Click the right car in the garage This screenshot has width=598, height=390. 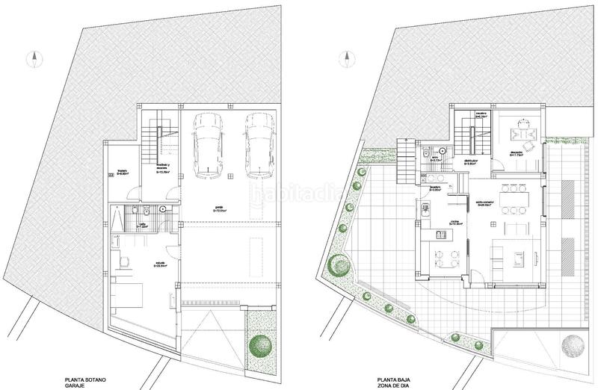click(256, 146)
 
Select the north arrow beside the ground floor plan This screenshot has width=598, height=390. click(345, 58)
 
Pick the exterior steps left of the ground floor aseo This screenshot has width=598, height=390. click(406, 157)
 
